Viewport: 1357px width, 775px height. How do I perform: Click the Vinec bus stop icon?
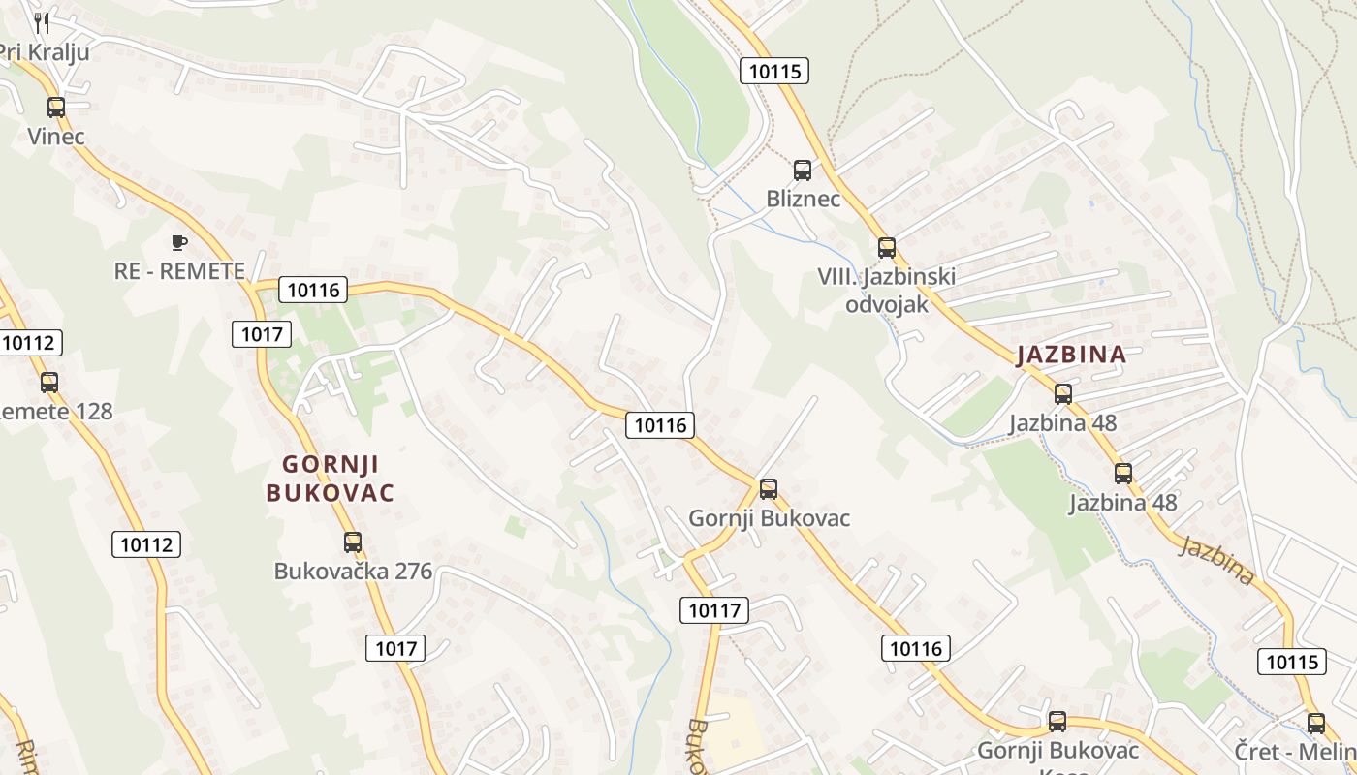tap(56, 108)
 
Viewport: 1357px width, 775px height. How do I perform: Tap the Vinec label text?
tap(56, 137)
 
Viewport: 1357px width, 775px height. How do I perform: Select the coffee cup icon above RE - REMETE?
tap(178, 242)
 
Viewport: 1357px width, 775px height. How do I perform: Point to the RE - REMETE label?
tap(179, 271)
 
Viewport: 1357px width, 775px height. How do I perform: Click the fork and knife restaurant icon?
tap(42, 22)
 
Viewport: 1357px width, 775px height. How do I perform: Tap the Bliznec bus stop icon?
tap(803, 170)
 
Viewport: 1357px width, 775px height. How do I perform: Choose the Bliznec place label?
tap(803, 199)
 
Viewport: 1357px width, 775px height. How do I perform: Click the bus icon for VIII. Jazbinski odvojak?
tap(887, 247)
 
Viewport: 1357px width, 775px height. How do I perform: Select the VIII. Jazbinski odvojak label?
tap(886, 290)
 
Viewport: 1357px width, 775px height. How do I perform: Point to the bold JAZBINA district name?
tap(1071, 355)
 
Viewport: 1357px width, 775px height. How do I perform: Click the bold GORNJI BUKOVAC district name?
tap(331, 478)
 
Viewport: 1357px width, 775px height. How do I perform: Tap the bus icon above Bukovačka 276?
tap(353, 542)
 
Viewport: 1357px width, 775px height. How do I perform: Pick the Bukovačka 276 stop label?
tap(353, 571)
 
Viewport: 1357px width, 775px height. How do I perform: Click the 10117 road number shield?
tap(715, 610)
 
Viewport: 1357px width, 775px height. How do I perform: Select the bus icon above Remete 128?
tap(49, 383)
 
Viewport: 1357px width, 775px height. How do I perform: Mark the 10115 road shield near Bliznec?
tap(774, 71)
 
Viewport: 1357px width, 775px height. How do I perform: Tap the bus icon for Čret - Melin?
tap(1316, 723)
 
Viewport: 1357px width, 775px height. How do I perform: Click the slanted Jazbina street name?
tap(1216, 561)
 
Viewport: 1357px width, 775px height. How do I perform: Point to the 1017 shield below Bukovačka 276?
tap(396, 648)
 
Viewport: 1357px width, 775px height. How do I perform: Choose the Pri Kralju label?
tap(45, 52)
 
